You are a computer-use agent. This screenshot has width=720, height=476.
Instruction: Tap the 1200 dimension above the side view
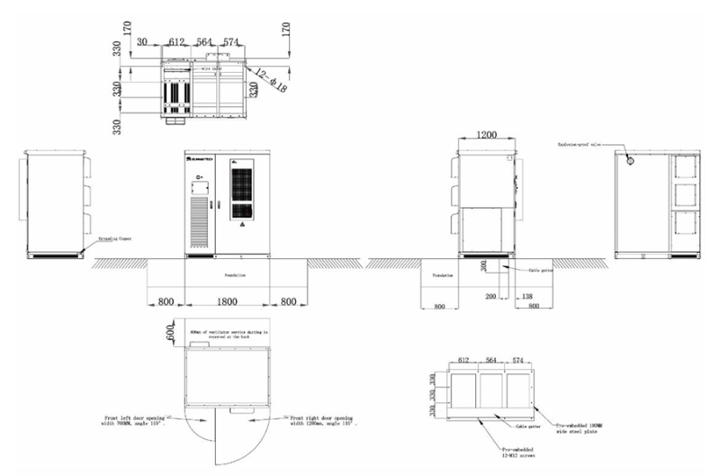(x=486, y=134)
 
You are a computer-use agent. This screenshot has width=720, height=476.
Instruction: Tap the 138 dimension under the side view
(x=527, y=295)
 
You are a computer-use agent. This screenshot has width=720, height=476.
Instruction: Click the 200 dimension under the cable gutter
(x=491, y=295)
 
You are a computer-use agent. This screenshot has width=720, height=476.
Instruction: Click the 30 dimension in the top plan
(x=143, y=40)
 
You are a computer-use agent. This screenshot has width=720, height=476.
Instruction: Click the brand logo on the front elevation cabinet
(x=199, y=158)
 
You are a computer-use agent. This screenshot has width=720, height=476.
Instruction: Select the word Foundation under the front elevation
(x=227, y=274)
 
